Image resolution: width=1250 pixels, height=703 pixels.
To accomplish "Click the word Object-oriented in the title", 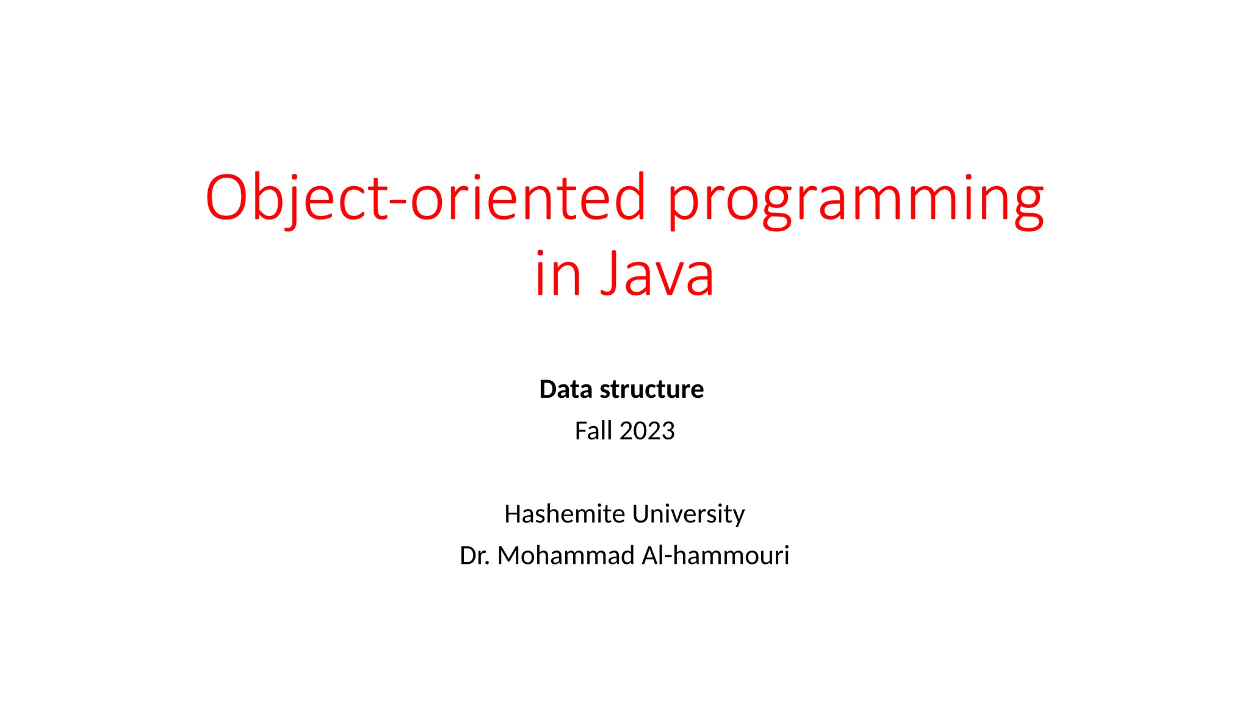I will (x=425, y=198).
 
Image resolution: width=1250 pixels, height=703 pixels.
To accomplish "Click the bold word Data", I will (x=566, y=389).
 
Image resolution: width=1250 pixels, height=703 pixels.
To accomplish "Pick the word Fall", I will (x=593, y=431).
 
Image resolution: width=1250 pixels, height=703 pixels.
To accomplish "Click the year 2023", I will (x=647, y=431).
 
